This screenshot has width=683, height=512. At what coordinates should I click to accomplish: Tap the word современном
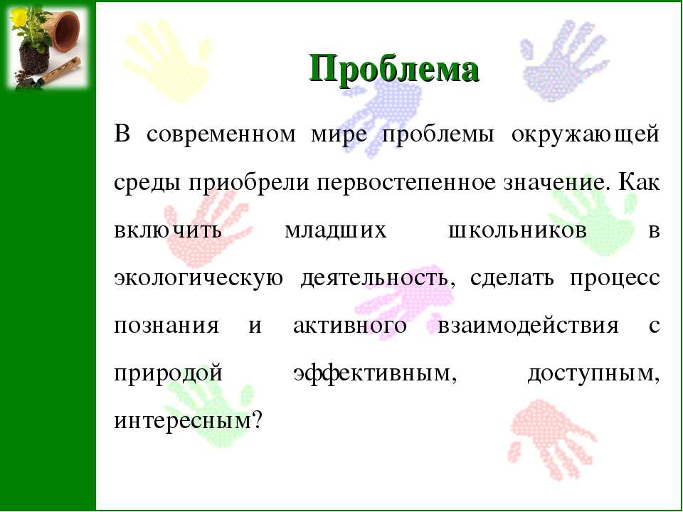[221, 135]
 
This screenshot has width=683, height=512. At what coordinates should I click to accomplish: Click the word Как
[639, 182]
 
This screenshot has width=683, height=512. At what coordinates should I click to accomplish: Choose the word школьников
[517, 230]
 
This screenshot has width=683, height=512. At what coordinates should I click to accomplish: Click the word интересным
[183, 422]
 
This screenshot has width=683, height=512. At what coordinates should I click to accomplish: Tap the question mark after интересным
[257, 420]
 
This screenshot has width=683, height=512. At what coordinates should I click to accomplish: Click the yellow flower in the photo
[18, 16]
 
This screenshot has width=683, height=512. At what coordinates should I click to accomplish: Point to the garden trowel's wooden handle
[63, 69]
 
